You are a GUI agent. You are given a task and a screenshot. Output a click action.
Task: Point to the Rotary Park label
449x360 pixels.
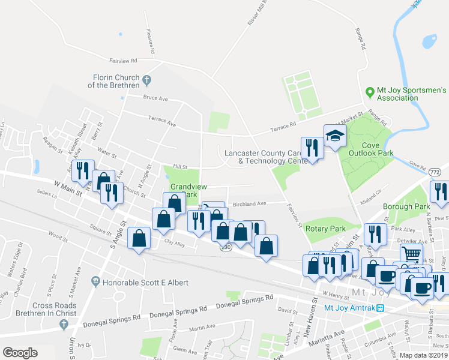click(325, 229)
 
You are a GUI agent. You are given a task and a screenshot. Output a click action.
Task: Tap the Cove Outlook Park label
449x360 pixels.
click(369, 149)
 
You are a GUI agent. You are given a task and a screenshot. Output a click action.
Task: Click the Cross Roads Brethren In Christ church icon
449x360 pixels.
click(64, 324)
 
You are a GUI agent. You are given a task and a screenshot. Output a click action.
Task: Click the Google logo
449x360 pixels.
click(20, 353)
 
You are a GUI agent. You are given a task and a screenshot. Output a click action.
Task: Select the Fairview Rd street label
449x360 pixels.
click(124, 61)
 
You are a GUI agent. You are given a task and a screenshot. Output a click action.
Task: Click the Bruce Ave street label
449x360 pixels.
click(155, 98)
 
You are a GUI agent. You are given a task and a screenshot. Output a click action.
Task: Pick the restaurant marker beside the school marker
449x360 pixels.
click(312, 147)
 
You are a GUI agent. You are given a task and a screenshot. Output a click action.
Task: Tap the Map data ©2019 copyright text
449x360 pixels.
click(423, 355)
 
